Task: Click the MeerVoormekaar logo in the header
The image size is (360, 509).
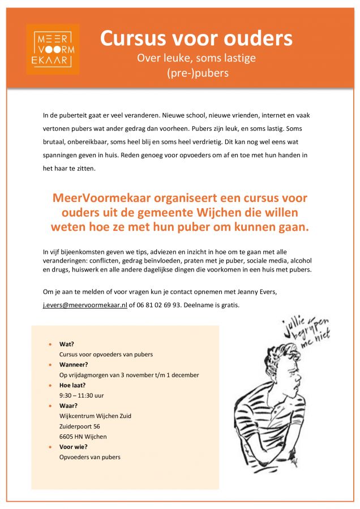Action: click(52, 49)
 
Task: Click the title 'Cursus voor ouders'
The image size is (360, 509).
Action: click(196, 38)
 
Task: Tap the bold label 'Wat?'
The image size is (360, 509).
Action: click(67, 344)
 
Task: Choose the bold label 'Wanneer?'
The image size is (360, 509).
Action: click(74, 364)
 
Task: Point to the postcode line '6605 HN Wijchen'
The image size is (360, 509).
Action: click(83, 436)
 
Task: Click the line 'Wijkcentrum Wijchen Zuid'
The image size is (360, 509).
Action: click(95, 416)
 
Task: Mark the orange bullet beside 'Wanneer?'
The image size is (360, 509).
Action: click(50, 364)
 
